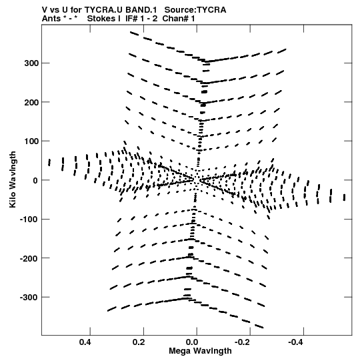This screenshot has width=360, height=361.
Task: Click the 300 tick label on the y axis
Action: (x=31, y=63)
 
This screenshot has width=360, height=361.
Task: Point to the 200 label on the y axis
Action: (x=31, y=102)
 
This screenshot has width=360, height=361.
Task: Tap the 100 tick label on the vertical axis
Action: (x=31, y=141)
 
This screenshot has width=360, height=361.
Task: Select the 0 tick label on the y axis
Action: (x=35, y=180)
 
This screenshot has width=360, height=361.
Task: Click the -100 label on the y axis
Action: (x=29, y=220)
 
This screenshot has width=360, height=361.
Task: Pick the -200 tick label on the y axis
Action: (x=29, y=258)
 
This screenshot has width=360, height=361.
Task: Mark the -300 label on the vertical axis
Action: (x=29, y=298)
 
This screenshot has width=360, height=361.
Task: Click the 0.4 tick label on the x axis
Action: (x=85, y=342)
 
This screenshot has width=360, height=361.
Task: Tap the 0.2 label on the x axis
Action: (x=139, y=342)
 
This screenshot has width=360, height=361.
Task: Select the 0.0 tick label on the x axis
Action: (x=192, y=342)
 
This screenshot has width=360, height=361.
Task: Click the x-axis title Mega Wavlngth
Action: (x=200, y=351)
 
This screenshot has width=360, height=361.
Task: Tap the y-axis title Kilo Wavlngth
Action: (x=13, y=179)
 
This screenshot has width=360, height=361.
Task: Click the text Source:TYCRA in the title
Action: (x=195, y=10)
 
